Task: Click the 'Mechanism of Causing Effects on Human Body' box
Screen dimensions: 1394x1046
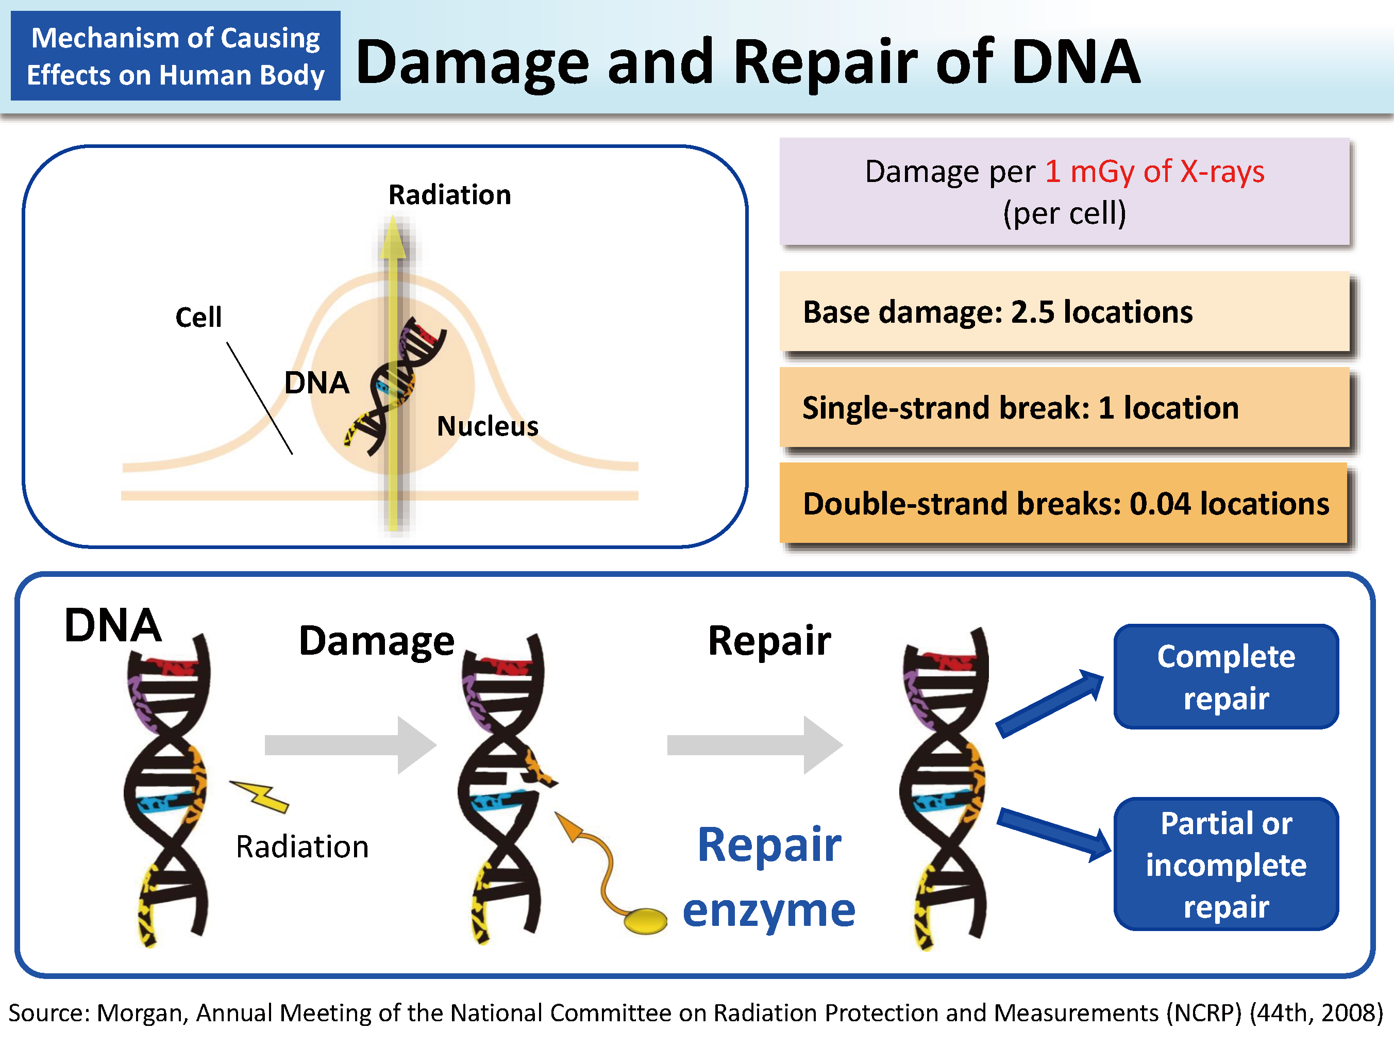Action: click(176, 56)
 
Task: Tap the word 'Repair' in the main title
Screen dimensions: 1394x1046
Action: click(826, 62)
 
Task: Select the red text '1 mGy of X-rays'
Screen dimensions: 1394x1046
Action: click(1154, 172)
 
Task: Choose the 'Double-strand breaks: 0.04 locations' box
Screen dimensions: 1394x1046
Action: click(1064, 503)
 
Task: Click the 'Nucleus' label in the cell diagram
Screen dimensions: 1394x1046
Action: click(488, 426)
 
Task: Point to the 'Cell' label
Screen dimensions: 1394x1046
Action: click(198, 317)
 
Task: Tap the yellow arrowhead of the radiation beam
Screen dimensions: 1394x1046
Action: click(393, 238)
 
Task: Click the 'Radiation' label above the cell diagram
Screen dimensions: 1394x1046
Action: click(449, 195)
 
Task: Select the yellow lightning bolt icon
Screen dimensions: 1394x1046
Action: click(260, 795)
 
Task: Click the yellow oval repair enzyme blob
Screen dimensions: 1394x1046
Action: click(645, 921)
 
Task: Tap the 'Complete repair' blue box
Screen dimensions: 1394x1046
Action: click(1225, 676)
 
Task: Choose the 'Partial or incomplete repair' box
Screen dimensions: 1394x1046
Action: click(1225, 864)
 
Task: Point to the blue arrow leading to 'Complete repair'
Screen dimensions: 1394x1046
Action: click(1050, 702)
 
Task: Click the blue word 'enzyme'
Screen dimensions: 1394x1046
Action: click(769, 911)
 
